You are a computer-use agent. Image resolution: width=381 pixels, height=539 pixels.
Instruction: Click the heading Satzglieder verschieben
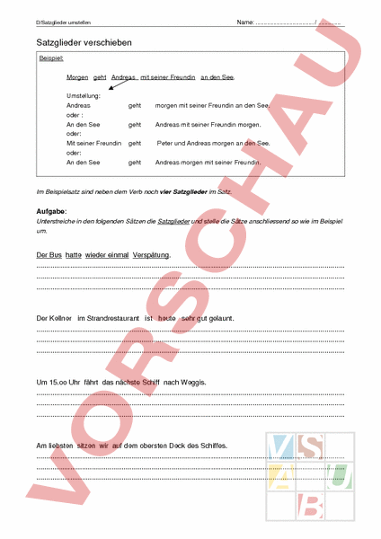coord(84,41)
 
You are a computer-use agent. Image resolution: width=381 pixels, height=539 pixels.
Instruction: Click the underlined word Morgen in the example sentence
coord(77,78)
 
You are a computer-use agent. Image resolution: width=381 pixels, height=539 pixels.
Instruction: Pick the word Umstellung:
coord(84,96)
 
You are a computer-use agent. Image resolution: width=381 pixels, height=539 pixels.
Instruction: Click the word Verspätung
coord(151,255)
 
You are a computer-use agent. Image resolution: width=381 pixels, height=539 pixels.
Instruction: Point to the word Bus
coord(55,255)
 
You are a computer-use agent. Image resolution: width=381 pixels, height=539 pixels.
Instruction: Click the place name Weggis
coord(192,382)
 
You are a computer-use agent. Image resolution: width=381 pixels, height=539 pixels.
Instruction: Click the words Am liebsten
coord(53,445)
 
